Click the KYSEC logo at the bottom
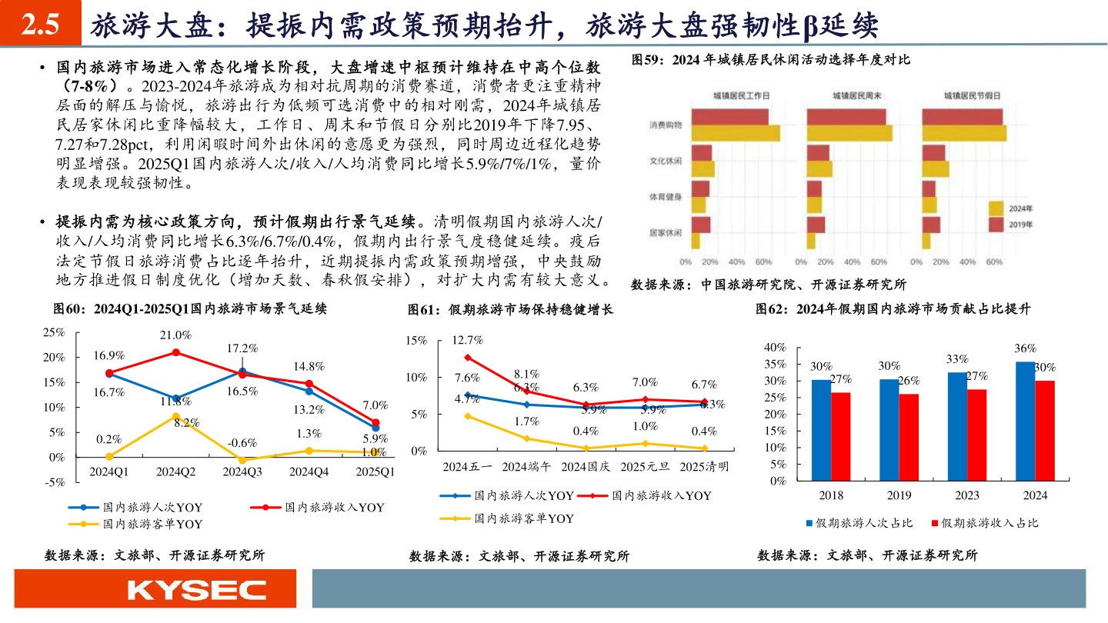pos(196,590)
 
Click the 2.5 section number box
pos(40,26)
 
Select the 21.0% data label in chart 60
pos(175,335)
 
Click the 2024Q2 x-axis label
pos(175,471)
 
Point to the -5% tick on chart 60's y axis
pos(54,482)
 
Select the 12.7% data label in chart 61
pos(467,340)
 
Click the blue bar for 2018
pos(821,430)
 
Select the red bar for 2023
pos(976,435)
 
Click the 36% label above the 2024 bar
pos(1025,348)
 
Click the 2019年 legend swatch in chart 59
pos(996,225)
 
